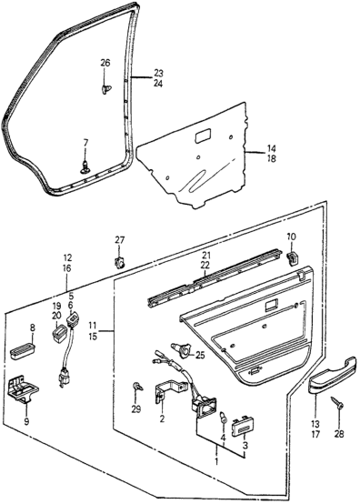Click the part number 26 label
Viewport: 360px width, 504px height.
click(x=105, y=63)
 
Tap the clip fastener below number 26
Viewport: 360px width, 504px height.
click(x=106, y=89)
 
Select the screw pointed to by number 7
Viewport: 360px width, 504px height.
click(x=85, y=167)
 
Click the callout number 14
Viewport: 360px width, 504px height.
click(x=272, y=149)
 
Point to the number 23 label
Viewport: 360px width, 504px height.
click(x=157, y=74)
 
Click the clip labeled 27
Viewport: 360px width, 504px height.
click(x=120, y=263)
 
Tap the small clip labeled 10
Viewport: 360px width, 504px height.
click(x=292, y=257)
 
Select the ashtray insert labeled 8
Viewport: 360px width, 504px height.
click(x=23, y=350)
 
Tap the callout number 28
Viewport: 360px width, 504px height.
click(x=338, y=434)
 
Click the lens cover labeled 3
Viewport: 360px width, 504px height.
click(x=243, y=425)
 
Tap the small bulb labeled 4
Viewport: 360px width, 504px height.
click(x=224, y=418)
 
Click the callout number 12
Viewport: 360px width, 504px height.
click(x=67, y=257)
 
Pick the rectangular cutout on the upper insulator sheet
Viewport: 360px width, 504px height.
click(x=203, y=135)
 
